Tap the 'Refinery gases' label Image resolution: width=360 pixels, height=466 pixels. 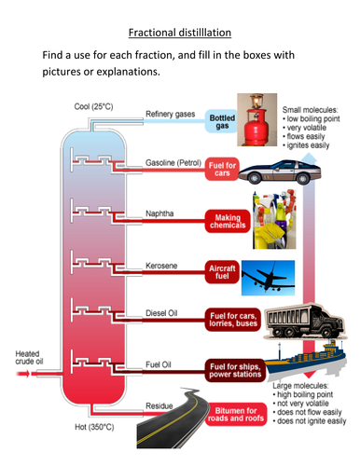(x=170, y=114)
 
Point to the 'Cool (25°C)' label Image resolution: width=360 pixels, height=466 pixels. (x=94, y=104)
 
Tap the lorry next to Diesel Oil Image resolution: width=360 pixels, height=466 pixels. (x=298, y=323)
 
